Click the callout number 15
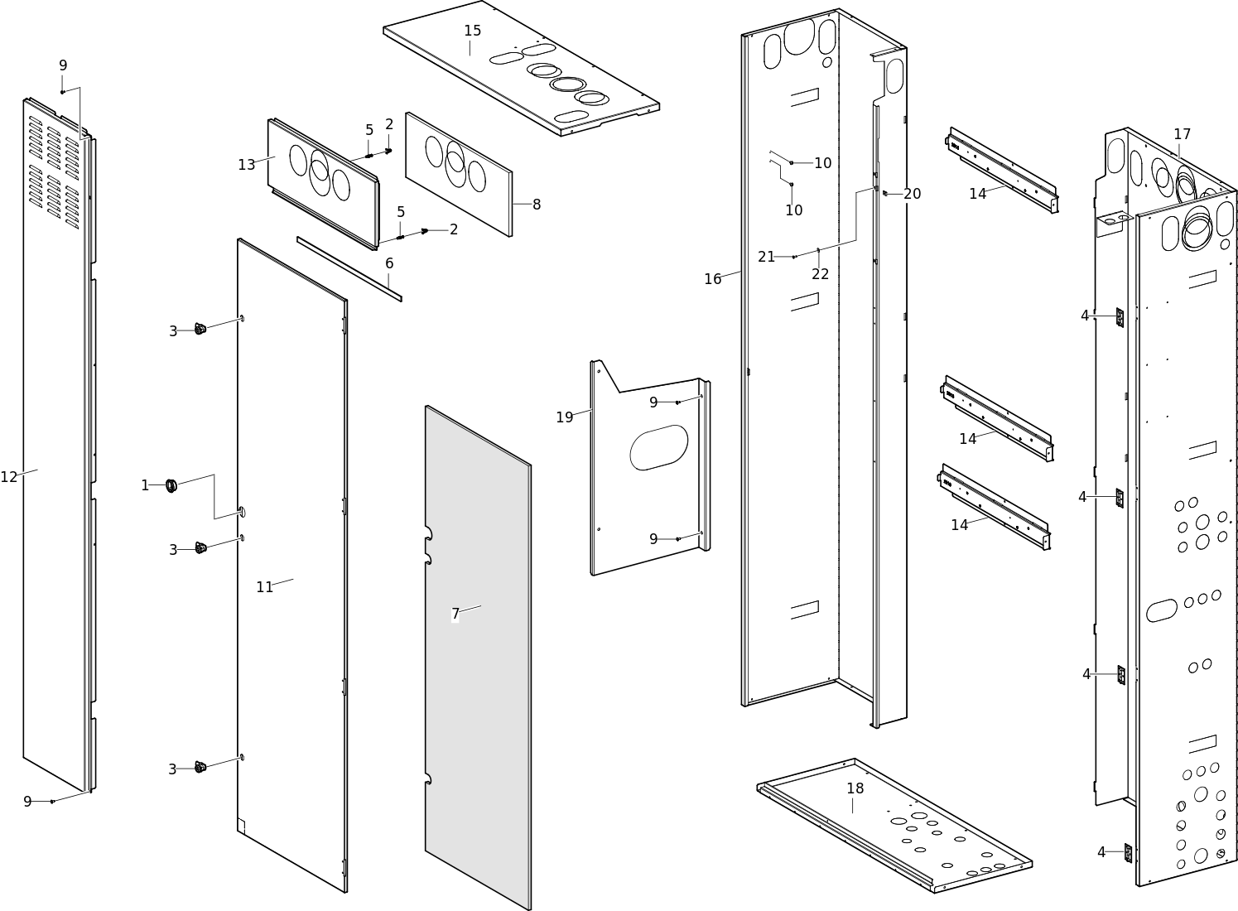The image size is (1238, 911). (x=472, y=31)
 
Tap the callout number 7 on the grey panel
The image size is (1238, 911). (x=455, y=614)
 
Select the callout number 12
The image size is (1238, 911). (x=9, y=477)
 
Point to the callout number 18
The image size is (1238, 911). (x=855, y=788)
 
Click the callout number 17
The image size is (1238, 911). (x=1182, y=134)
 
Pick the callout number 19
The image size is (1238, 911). (x=564, y=417)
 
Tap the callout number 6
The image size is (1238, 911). (x=389, y=263)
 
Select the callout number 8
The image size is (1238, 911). (x=537, y=205)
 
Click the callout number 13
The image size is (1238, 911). (x=246, y=165)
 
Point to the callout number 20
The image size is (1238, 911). (x=912, y=194)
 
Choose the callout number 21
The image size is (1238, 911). (x=766, y=257)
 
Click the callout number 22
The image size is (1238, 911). (x=820, y=274)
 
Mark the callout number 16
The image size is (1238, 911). (x=712, y=279)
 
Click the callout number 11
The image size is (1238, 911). (x=264, y=587)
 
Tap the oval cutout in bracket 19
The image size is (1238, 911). (x=659, y=447)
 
